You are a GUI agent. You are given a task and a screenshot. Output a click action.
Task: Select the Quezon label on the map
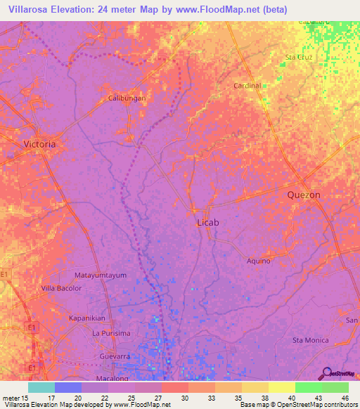304,195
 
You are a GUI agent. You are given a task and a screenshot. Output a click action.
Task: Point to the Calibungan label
127,98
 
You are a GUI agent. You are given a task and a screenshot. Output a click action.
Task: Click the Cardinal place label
247,86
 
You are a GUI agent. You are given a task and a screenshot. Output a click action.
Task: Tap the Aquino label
258,261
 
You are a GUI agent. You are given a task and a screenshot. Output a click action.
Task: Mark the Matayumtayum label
101,275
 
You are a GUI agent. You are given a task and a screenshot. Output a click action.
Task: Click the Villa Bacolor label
61,288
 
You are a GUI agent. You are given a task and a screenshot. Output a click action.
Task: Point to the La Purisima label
112,332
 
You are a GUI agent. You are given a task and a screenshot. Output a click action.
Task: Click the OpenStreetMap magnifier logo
326,372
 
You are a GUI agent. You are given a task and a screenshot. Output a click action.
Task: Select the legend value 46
345,397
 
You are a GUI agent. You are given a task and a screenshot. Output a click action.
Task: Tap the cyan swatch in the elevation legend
41,387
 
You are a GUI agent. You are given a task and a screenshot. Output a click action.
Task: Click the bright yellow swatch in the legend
282,387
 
